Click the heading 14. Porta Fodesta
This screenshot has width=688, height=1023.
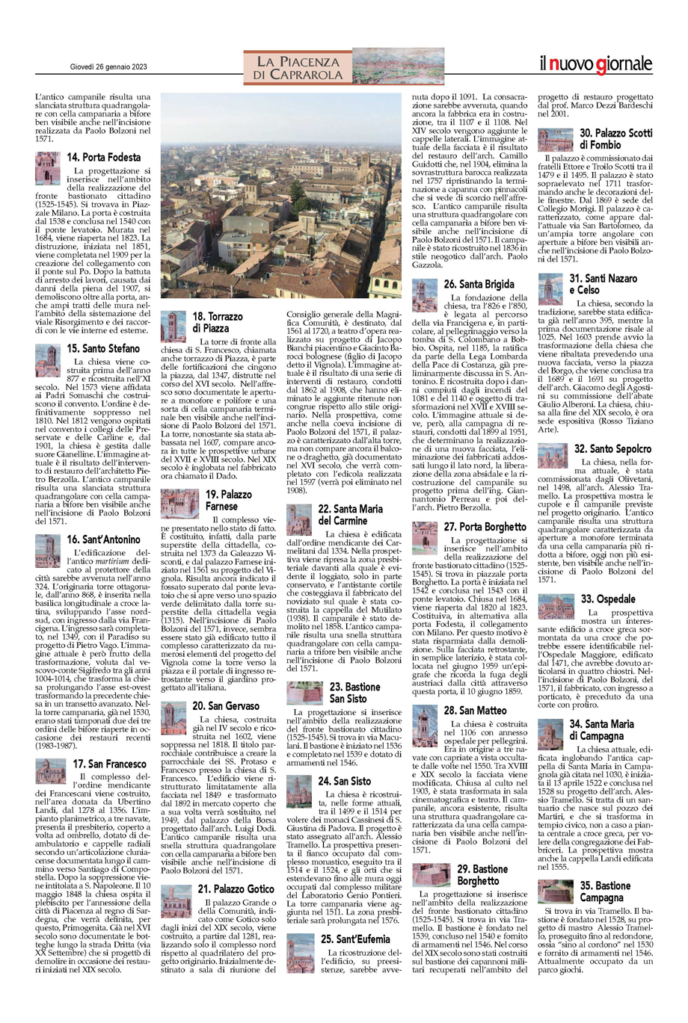pyautogui.click(x=103, y=158)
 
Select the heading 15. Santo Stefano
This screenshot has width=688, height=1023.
pyautogui.click(x=103, y=348)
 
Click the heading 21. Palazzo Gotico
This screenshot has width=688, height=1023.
pyautogui.click(x=236, y=888)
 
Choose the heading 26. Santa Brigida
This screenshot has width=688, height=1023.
pyautogui.click(x=479, y=284)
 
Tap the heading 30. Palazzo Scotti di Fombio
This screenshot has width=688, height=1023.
pyautogui.click(x=615, y=138)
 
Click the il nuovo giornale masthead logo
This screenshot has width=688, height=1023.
pyautogui.click(x=596, y=65)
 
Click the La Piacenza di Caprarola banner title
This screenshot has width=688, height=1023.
pyautogui.click(x=298, y=67)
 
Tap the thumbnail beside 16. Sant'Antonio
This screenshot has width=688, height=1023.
pyautogui.click(x=49, y=551)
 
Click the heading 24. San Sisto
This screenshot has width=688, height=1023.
pyautogui.click(x=344, y=781)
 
